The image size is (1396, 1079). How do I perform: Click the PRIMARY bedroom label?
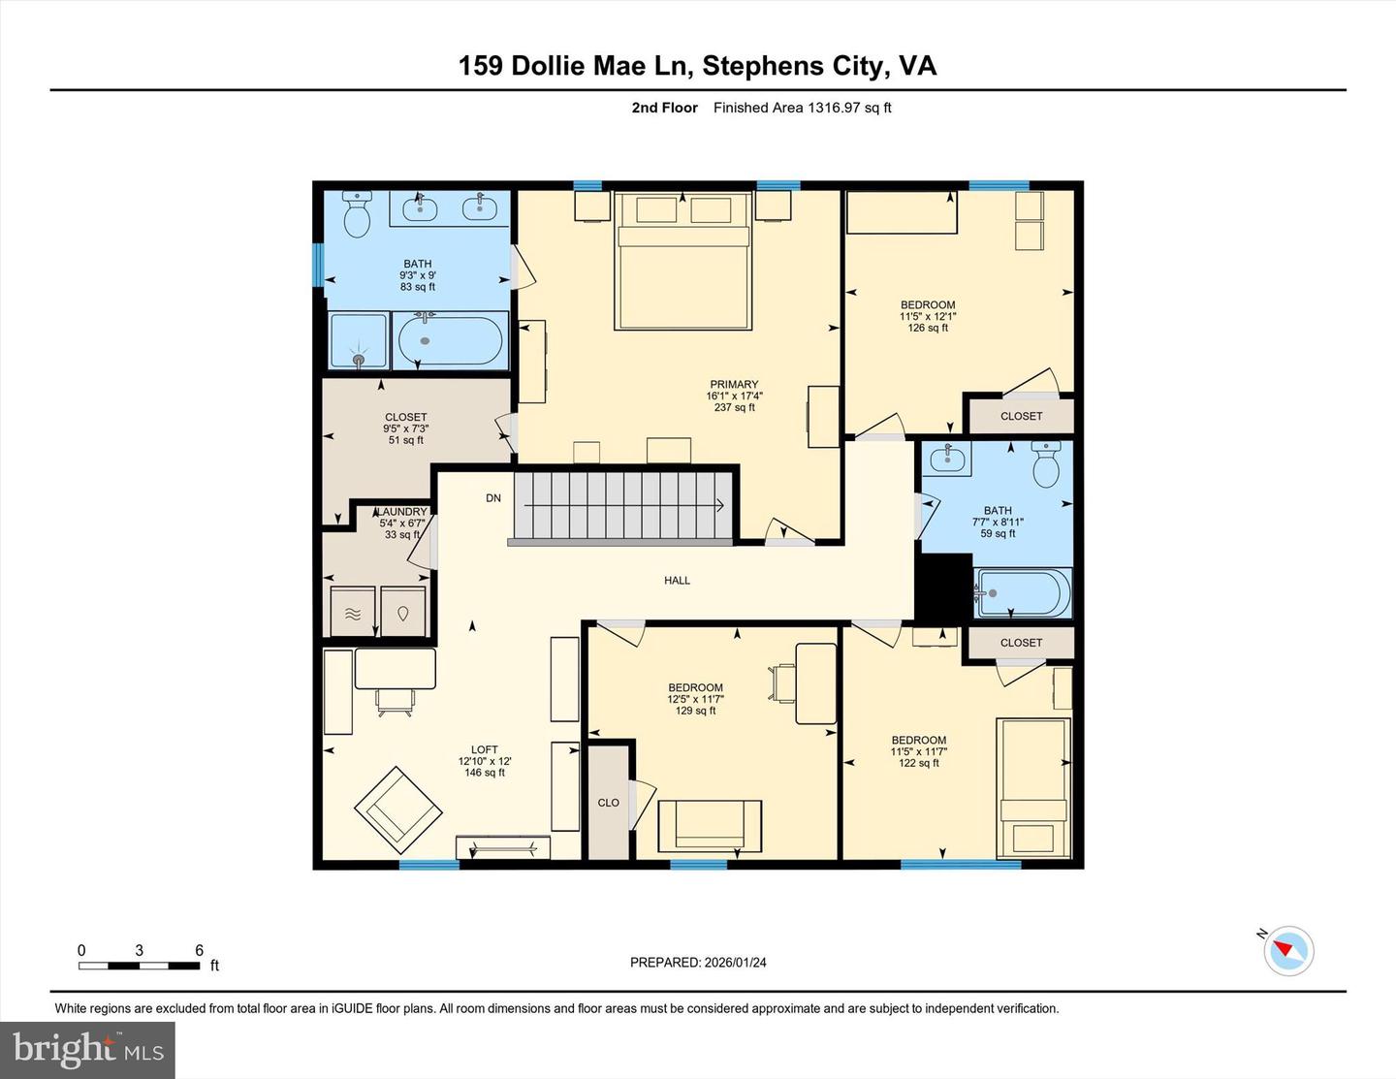point(734,385)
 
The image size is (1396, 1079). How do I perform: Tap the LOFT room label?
point(484,749)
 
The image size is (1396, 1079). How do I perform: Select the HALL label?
point(677,581)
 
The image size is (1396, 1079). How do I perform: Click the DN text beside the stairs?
point(493,498)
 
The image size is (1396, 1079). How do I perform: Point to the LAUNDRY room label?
point(401,512)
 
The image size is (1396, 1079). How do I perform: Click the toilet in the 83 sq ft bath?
point(358,215)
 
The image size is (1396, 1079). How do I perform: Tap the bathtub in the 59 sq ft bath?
point(1023,592)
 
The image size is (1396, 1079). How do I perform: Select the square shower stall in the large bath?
point(359,340)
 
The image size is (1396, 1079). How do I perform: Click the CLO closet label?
point(608,803)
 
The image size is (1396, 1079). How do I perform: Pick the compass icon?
point(1288,950)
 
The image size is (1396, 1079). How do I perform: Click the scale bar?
point(140,965)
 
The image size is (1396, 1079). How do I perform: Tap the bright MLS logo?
point(87,1050)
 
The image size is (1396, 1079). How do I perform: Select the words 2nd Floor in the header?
point(664,108)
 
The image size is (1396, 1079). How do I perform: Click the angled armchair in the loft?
point(397,805)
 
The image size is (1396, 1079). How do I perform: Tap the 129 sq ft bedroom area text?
point(695,711)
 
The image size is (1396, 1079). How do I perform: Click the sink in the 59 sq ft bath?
point(946,458)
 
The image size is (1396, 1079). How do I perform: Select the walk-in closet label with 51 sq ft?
point(405,418)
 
